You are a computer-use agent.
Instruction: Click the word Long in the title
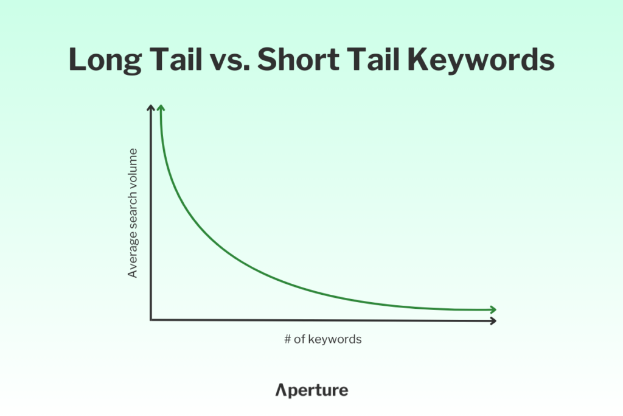coord(105,60)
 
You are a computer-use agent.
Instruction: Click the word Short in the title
coord(298,59)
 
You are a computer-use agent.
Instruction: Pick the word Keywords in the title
coord(481,59)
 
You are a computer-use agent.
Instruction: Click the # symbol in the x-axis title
coord(288,339)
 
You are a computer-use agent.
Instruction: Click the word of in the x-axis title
coord(299,339)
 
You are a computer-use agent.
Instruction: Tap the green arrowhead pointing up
coord(161,108)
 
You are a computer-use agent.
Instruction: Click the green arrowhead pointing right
coord(493,309)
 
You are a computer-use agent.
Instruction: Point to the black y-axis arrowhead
coord(151,108)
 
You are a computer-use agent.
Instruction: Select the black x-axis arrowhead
coord(493,320)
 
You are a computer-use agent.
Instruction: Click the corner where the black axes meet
coord(151,319)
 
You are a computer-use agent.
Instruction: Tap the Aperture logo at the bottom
coord(312,390)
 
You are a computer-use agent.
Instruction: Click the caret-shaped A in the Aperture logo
coord(280,390)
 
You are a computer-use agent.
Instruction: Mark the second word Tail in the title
coord(373,59)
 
